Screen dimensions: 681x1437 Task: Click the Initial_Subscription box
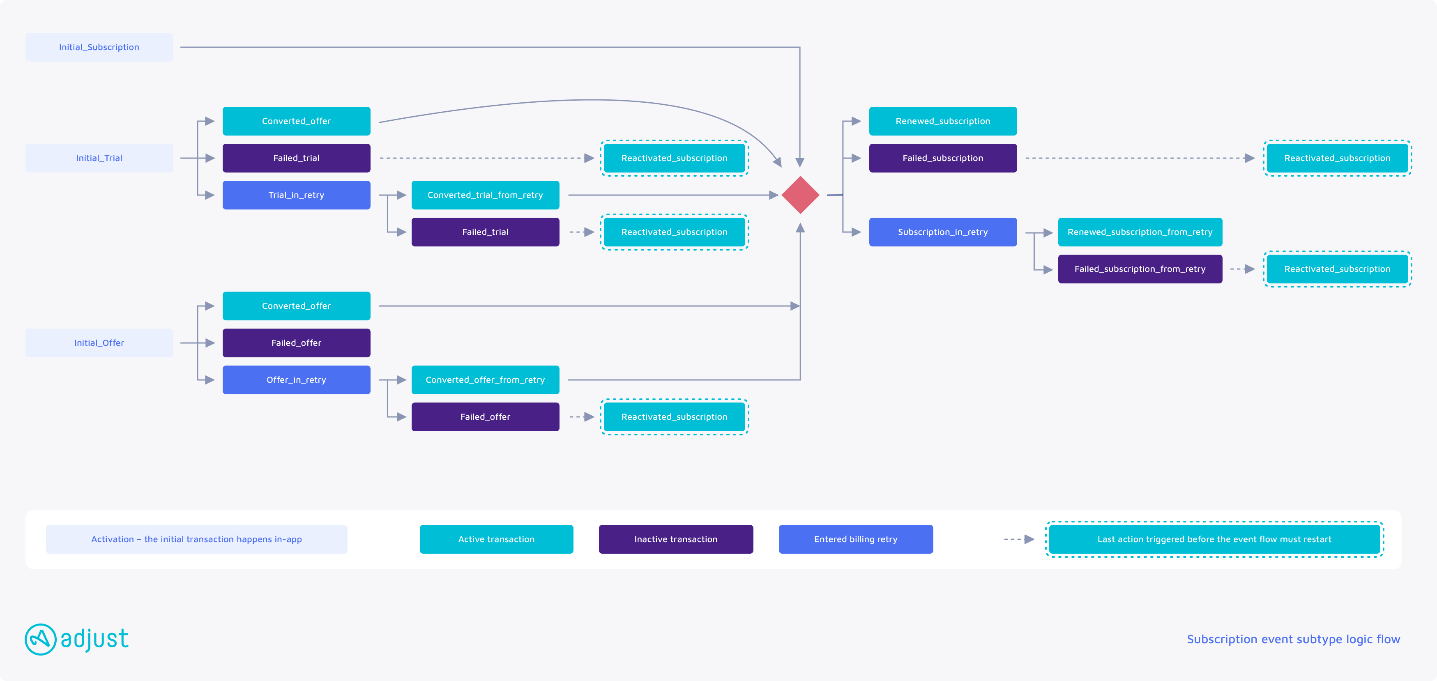point(99,47)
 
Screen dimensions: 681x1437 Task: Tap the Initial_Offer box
point(99,343)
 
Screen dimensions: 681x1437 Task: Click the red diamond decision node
point(800,195)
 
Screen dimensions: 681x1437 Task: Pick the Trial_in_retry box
point(296,195)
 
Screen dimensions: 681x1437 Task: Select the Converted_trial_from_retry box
point(485,195)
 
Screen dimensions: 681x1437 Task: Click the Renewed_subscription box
point(943,121)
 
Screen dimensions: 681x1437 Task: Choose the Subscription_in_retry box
point(943,232)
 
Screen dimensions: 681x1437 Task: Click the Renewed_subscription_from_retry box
point(1140,232)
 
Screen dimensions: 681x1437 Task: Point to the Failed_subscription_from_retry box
point(1140,269)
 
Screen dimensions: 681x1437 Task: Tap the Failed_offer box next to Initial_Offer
point(296,343)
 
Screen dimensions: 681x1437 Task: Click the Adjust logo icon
point(41,639)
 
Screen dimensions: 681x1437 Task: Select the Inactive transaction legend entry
point(675,539)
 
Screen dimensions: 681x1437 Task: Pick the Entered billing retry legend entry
point(856,539)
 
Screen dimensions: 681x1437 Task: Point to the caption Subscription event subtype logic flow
point(1293,639)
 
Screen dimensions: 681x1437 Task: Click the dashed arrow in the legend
point(1019,539)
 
